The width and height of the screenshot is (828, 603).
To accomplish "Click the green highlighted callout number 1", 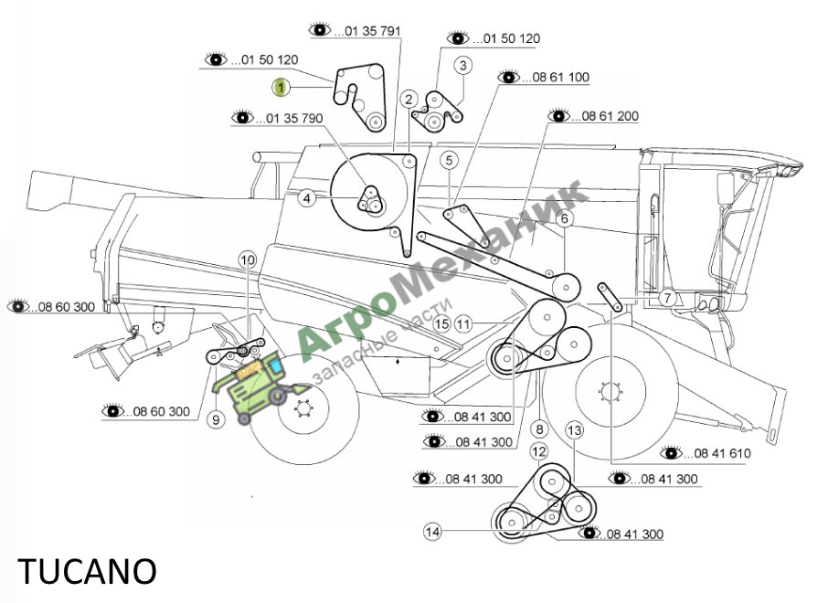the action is coord(281,87).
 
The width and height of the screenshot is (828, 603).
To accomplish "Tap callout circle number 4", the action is coord(307,198).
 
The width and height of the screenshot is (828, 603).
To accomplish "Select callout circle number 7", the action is coord(667,297).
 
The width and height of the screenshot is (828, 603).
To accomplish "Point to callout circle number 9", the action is coord(216,419).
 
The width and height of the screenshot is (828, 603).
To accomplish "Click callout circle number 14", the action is coord(432,531).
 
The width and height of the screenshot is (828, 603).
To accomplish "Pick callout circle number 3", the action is coord(463,66).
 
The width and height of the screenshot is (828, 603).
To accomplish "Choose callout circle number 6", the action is coord(565,218).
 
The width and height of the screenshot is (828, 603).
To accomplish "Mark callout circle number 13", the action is coord(574,430).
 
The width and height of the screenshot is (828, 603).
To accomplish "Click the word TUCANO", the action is coord(87,571).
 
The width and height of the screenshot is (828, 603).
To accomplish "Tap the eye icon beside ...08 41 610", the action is coord(672,452).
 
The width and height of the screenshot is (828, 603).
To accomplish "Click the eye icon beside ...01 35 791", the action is coord(320,29).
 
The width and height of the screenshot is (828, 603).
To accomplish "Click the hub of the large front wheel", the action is coord(609,392).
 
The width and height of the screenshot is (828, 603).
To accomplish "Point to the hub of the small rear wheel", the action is coord(303,408).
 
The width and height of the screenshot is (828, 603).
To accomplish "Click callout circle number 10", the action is coord(247,259).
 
